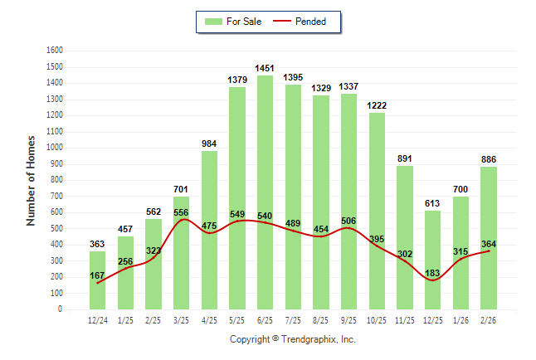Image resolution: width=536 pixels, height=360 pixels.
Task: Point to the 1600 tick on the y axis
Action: [x=56, y=50]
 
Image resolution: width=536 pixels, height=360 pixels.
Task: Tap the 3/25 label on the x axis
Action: [x=182, y=319]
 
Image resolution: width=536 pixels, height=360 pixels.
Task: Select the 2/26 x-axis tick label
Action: [x=489, y=319]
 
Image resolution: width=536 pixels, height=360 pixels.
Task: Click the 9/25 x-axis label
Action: [x=349, y=319]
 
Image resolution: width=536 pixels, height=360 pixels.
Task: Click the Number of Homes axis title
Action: [x=32, y=180]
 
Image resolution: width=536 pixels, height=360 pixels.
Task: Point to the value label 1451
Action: [x=265, y=68]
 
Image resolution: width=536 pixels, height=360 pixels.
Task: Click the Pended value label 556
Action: [x=182, y=212]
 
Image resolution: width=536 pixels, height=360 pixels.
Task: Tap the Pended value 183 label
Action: [x=432, y=274]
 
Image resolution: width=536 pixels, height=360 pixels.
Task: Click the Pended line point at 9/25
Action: [x=349, y=228]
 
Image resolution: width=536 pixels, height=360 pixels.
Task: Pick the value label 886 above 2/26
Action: [x=489, y=159]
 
